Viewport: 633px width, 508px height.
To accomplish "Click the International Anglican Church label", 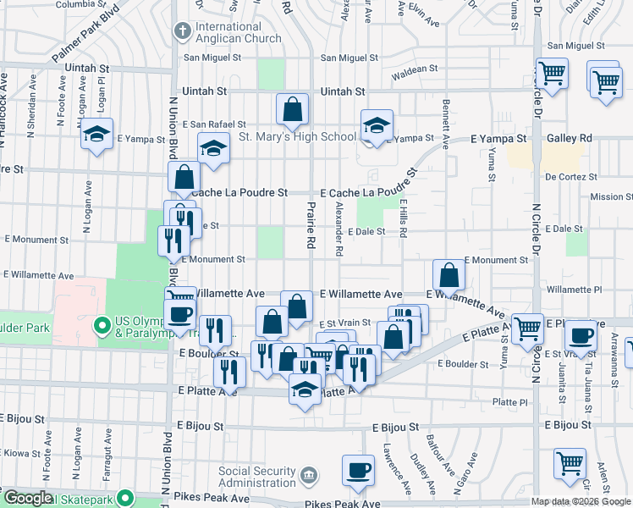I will tap(238, 32).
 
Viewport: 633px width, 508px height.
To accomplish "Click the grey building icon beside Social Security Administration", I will tap(309, 474).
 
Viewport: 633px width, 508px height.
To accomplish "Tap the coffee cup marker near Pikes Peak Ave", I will tap(358, 469).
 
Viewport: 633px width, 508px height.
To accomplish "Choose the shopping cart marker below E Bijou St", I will tap(570, 463).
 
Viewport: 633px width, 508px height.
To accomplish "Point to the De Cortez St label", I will tap(571, 177).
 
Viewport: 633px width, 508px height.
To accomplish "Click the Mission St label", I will tap(607, 196).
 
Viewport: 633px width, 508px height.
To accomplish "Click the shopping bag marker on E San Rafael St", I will tap(292, 109).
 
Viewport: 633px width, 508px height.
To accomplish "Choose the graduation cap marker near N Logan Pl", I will tap(97, 134).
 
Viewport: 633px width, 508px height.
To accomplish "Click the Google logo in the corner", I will tap(28, 498).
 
